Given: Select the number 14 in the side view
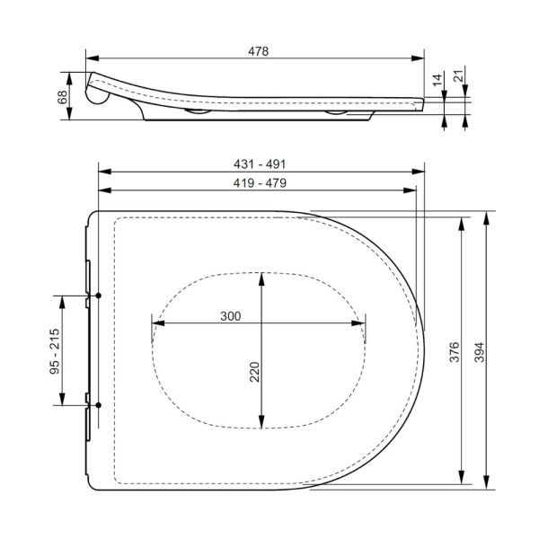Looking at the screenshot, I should click(437, 80).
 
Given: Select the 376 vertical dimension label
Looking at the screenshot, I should click(454, 351).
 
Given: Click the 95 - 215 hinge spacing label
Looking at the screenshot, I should click(55, 351).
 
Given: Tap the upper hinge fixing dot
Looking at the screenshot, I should click(96, 296).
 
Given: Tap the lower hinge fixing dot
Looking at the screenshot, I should click(96, 406).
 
